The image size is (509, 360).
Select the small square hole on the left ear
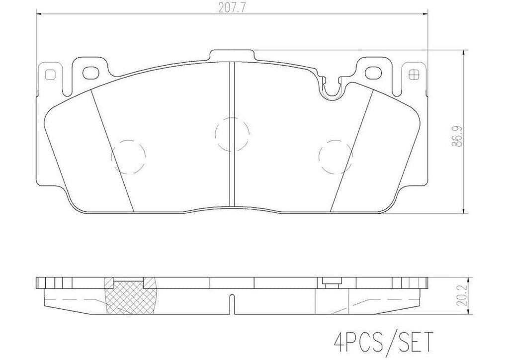point(49,75)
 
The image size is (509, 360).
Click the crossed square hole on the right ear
point(412,75)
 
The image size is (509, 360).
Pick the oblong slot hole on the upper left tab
point(90,72)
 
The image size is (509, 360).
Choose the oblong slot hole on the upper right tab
point(372,73)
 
